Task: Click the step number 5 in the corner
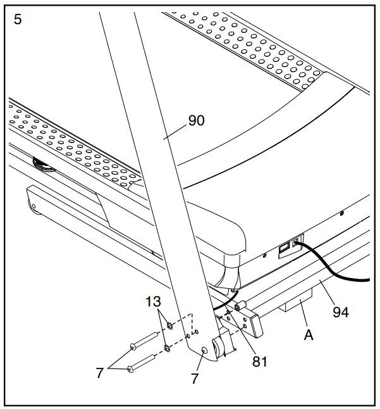click(x=18, y=20)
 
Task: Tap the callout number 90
click(x=197, y=120)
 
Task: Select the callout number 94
click(x=341, y=312)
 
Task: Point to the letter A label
click(x=309, y=335)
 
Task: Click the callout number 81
click(x=260, y=362)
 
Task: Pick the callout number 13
click(x=153, y=301)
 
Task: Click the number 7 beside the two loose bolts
click(x=100, y=373)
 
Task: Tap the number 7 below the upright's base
click(x=195, y=379)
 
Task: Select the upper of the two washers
click(x=170, y=325)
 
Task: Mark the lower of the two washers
click(x=167, y=348)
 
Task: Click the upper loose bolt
click(x=144, y=341)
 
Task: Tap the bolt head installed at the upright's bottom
click(x=204, y=351)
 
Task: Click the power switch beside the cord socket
click(x=284, y=248)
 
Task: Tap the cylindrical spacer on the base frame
click(x=241, y=305)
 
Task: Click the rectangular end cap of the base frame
click(x=256, y=325)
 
